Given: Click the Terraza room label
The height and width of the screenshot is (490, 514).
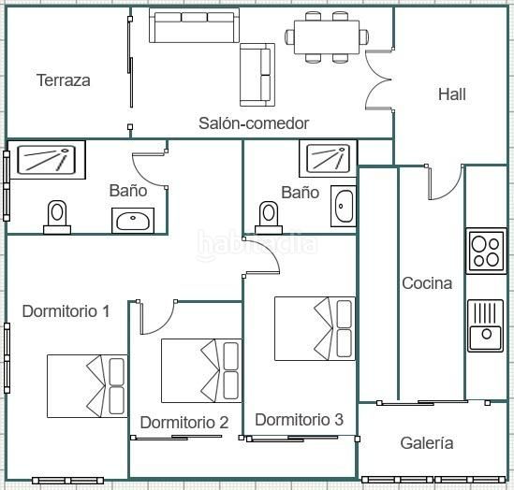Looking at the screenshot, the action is pos(64,80).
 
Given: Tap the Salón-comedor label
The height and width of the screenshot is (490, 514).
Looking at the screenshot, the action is pos(254,123).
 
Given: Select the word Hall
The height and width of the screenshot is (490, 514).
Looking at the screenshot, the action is pos(452,94).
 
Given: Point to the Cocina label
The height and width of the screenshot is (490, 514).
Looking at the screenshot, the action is pos(427,283).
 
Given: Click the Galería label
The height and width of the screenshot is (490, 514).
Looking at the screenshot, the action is pos(427,443).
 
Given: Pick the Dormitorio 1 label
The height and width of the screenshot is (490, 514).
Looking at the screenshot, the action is pos(66,311).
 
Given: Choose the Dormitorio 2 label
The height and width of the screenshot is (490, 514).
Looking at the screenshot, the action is pos(184,423).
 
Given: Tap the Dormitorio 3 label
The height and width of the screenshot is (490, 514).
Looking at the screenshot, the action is pos(300,420).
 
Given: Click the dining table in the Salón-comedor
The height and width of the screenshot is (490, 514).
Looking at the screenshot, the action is pos(327,37).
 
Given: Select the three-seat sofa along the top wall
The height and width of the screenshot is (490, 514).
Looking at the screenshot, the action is pos(194,25).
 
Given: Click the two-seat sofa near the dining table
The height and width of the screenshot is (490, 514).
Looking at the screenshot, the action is pos(257,75).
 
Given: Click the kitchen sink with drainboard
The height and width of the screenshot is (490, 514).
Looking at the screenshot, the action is pos(486,325).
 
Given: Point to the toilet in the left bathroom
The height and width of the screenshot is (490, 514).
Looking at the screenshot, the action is pos(57,217).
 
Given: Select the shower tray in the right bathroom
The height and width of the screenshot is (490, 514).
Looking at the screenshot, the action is pos(328,159).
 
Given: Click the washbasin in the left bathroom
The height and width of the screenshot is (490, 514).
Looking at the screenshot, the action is pos(133,221).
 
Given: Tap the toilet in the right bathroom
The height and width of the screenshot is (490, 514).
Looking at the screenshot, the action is pos(269,218).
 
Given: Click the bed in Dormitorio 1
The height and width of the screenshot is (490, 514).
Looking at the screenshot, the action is pos(87,386).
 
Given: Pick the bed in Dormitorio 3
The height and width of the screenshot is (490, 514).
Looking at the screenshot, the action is pos(315,328).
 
